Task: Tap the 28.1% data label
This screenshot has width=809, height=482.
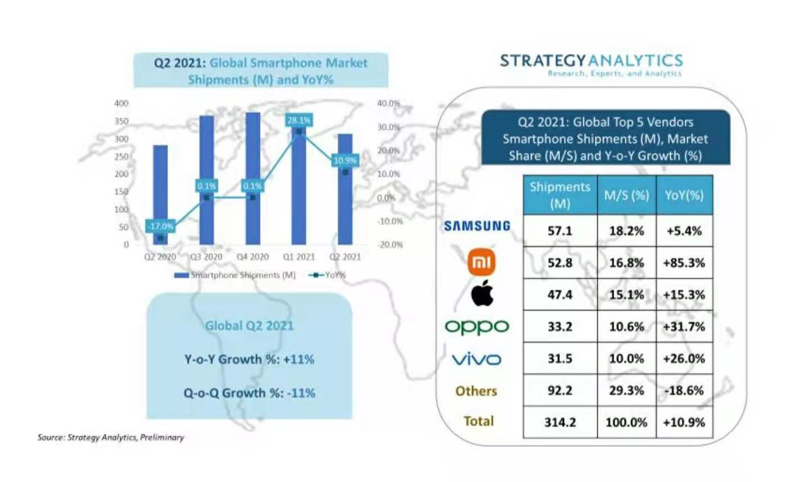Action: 298,120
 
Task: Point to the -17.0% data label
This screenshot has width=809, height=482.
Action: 160,226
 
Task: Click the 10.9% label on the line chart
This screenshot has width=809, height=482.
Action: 345,161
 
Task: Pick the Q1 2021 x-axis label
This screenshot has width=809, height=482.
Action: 299,257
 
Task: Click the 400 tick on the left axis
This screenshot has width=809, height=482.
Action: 121,103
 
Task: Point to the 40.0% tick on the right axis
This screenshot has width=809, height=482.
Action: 389,103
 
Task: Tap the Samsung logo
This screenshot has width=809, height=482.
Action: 477,226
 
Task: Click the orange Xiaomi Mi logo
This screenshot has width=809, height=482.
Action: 481,262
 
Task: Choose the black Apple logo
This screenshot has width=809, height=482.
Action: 482,294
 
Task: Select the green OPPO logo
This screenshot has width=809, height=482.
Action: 476,326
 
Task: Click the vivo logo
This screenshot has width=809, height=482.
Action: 476,358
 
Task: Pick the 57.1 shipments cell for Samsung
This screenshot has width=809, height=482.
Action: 560,231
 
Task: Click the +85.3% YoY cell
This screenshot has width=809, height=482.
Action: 684,263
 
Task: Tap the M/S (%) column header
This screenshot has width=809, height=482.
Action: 626,195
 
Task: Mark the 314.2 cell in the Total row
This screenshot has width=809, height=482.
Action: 560,422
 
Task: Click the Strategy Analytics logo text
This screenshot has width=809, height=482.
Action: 591,61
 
